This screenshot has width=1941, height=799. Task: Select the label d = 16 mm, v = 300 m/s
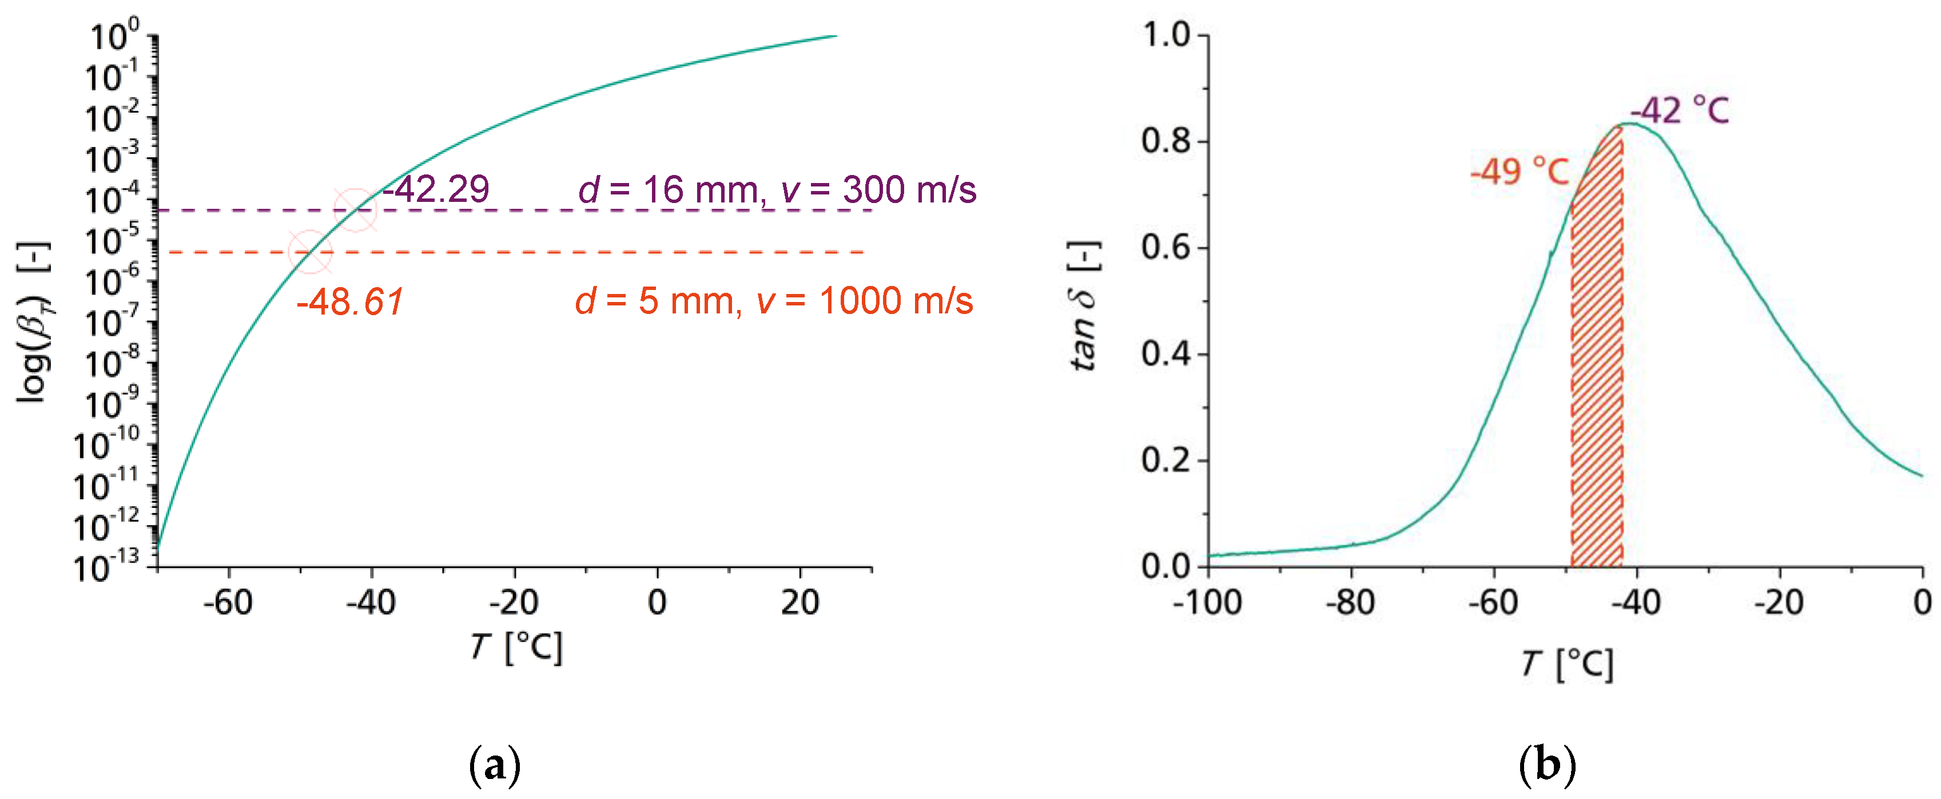point(777,189)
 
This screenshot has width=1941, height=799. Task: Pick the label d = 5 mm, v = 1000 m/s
point(774,301)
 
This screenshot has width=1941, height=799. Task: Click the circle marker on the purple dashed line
point(355,209)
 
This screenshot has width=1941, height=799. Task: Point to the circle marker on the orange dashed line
point(310,252)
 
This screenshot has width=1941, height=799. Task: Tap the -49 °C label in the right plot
point(1519,172)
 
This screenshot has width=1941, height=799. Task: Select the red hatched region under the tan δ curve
point(1597,377)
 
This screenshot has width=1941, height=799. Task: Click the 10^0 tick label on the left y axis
point(114,35)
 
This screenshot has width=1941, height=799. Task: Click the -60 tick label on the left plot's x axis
point(228,603)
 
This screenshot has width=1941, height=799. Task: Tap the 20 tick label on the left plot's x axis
point(800,603)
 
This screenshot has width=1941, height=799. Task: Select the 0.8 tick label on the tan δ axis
point(1165,141)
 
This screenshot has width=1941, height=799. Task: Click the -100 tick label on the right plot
point(1207,603)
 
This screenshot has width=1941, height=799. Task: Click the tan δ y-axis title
point(1085,305)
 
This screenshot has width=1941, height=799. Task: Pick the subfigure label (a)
point(494,766)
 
